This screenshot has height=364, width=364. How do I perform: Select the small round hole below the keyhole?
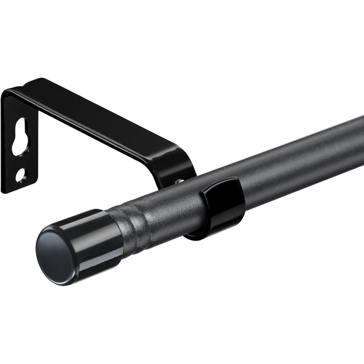coord(20,175)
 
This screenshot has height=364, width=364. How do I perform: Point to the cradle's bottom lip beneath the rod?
coord(202,234)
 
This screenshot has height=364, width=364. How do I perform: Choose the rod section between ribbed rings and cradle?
coord(172,205)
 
